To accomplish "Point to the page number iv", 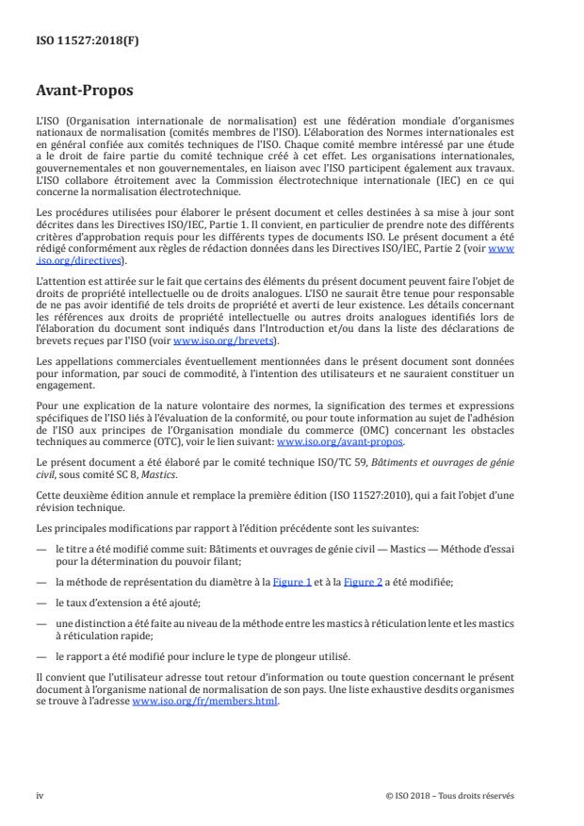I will pyautogui.click(x=41, y=795).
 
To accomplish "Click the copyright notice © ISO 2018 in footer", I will pyautogui.click(x=450, y=795).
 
